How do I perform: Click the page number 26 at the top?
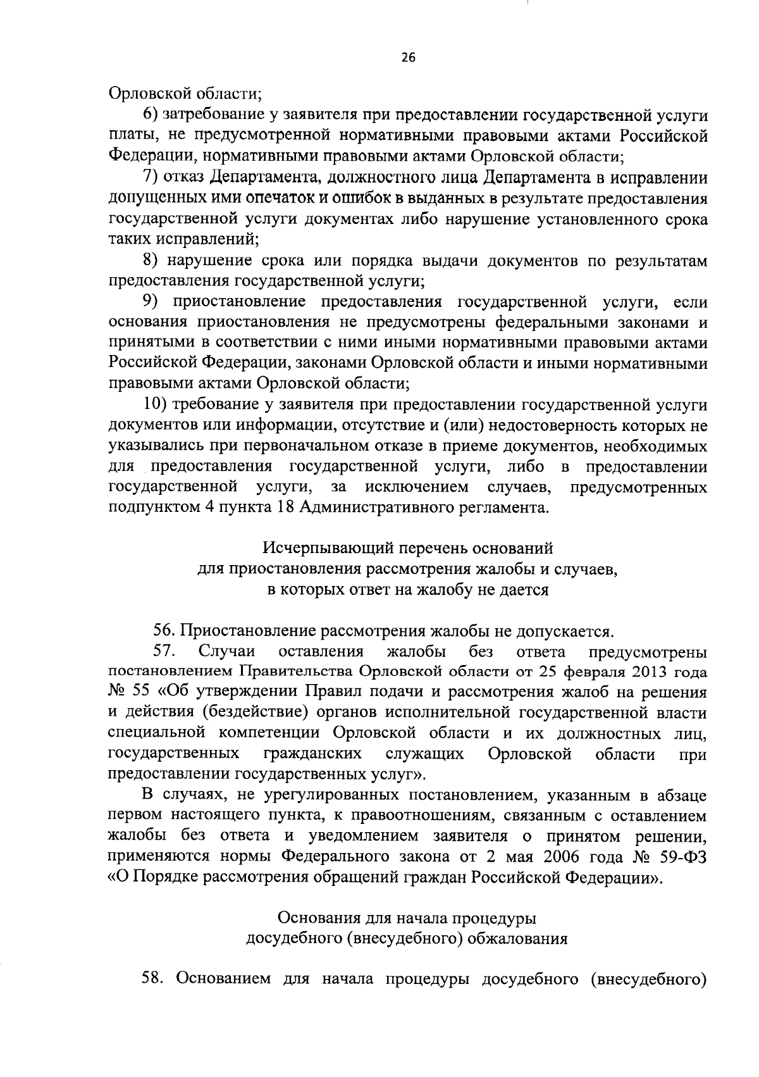407,58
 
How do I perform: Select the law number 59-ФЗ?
685,857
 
